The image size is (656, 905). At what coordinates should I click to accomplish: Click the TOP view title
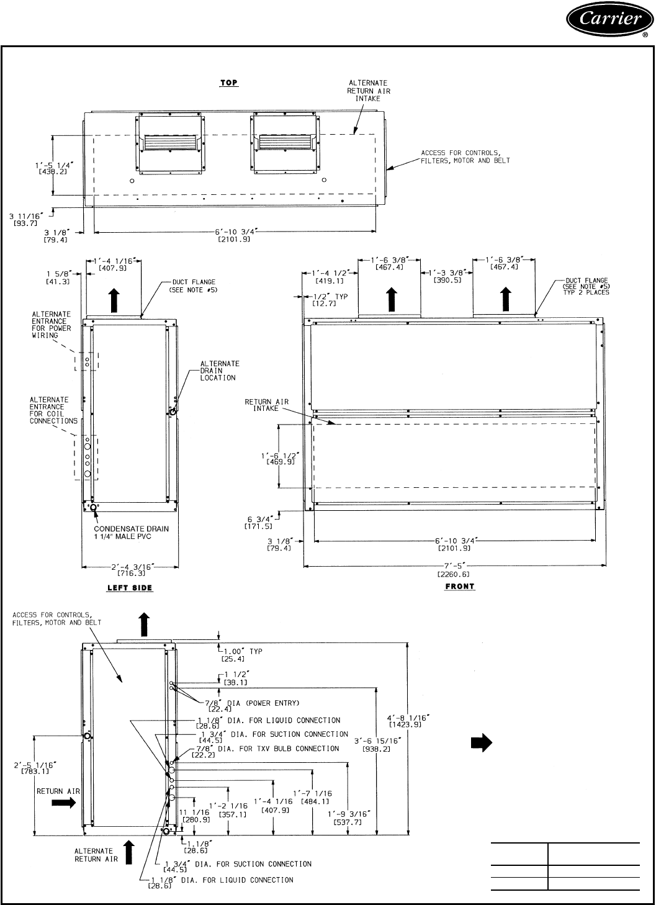229,83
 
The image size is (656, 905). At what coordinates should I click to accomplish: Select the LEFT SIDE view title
130,587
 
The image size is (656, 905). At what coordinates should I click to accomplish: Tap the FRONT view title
459,586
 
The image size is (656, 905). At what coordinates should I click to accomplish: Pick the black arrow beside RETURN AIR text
63,803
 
